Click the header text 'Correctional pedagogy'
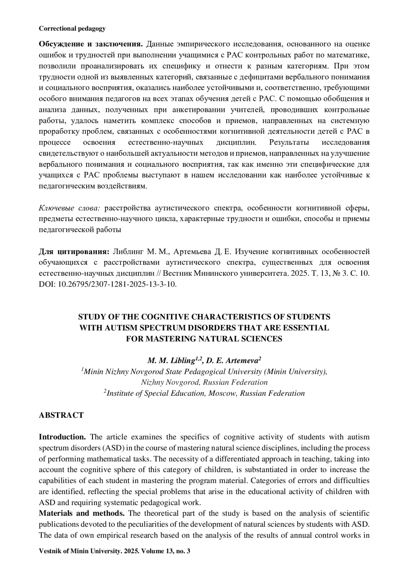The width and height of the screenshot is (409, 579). pos(72,29)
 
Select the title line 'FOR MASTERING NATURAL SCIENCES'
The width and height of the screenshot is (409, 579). pos(204,339)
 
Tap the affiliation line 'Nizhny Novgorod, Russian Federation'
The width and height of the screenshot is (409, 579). pos(204,382)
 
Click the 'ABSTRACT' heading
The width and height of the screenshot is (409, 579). pos(61,415)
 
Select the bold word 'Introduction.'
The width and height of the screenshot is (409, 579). pos(62,437)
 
